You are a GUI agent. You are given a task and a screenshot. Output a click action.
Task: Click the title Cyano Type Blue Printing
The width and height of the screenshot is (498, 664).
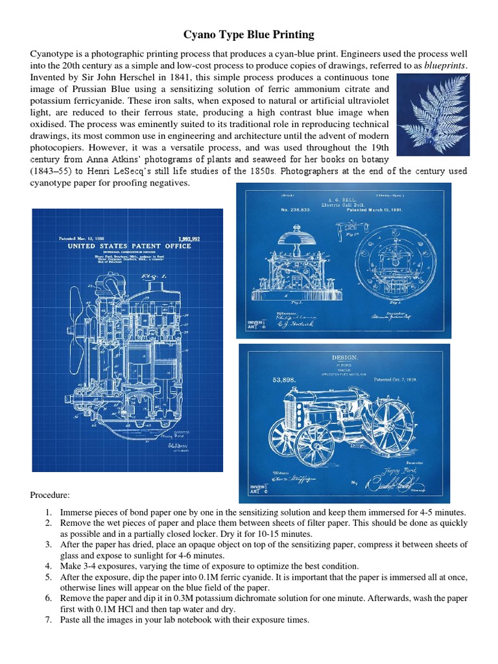pyautogui.click(x=249, y=34)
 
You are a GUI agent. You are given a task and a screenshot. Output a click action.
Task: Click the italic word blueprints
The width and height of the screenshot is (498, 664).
pyautogui.click(x=445, y=65)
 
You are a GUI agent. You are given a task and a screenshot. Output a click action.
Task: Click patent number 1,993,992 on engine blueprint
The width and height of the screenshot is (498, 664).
pyautogui.click(x=189, y=239)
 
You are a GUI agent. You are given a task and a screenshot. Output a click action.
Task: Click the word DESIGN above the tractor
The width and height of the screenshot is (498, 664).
pyautogui.click(x=344, y=357)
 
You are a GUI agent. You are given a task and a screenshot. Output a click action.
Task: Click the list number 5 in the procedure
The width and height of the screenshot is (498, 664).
pyautogui.click(x=49, y=576)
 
